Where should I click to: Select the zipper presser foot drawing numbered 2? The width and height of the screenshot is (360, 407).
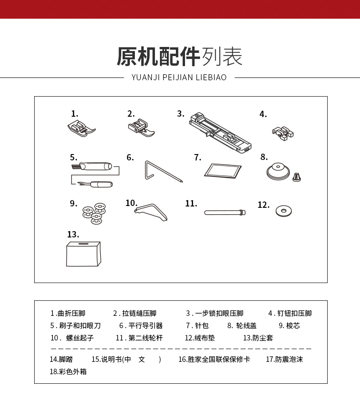point(141,127)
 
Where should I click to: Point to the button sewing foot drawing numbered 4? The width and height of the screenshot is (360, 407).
point(283,132)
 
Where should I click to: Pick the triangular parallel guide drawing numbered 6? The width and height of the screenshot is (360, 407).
point(162,171)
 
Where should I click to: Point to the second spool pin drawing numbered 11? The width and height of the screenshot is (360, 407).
point(225,212)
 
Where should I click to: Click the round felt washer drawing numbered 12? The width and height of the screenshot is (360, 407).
point(284,211)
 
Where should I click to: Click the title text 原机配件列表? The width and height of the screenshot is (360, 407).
point(180,57)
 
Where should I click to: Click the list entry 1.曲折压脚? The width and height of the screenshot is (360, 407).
point(67,314)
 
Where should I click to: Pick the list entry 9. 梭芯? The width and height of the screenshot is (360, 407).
point(289,326)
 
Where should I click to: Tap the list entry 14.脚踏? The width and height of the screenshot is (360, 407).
point(59,359)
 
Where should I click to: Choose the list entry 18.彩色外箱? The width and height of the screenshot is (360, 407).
point(68,371)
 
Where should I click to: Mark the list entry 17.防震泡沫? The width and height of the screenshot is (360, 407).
point(284,359)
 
